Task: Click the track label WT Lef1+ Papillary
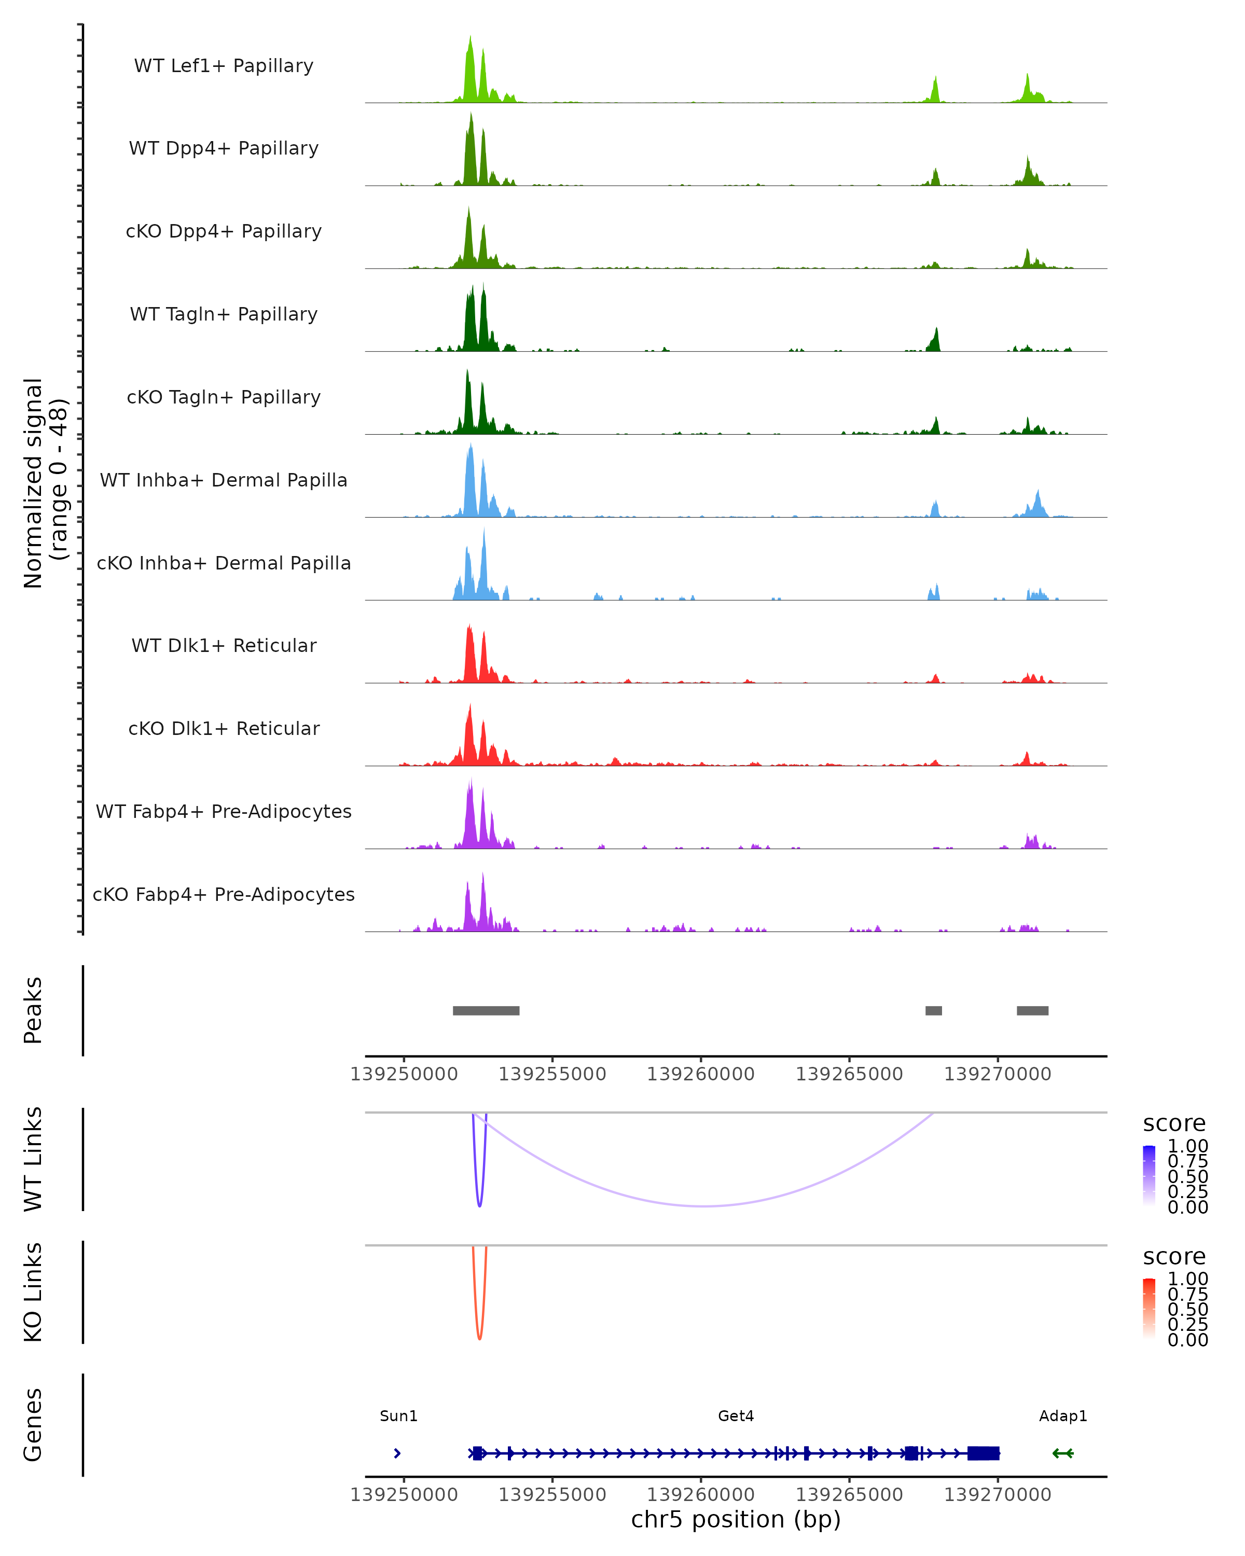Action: (224, 66)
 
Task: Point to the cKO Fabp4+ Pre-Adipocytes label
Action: (224, 894)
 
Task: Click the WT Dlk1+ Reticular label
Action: (224, 646)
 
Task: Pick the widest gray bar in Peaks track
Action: (486, 1010)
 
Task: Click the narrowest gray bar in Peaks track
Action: (933, 1010)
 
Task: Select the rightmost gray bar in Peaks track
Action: (1032, 1010)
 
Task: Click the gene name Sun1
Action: (398, 1416)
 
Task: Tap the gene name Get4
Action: (736, 1416)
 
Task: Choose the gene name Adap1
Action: (1062, 1416)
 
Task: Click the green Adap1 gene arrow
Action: (1062, 1453)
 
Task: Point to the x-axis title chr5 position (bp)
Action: (736, 1520)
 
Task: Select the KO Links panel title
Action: (33, 1293)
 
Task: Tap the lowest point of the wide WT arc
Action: (704, 1206)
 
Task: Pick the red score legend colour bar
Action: (1149, 1309)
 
